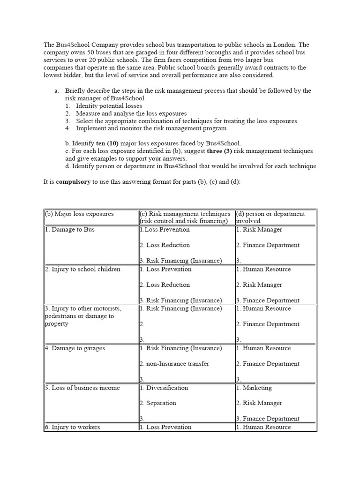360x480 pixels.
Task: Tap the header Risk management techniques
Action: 185,214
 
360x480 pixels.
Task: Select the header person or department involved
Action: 270,217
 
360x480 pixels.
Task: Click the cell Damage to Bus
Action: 70,230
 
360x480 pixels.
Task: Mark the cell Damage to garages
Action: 75,348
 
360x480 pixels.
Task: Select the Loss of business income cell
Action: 82,388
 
